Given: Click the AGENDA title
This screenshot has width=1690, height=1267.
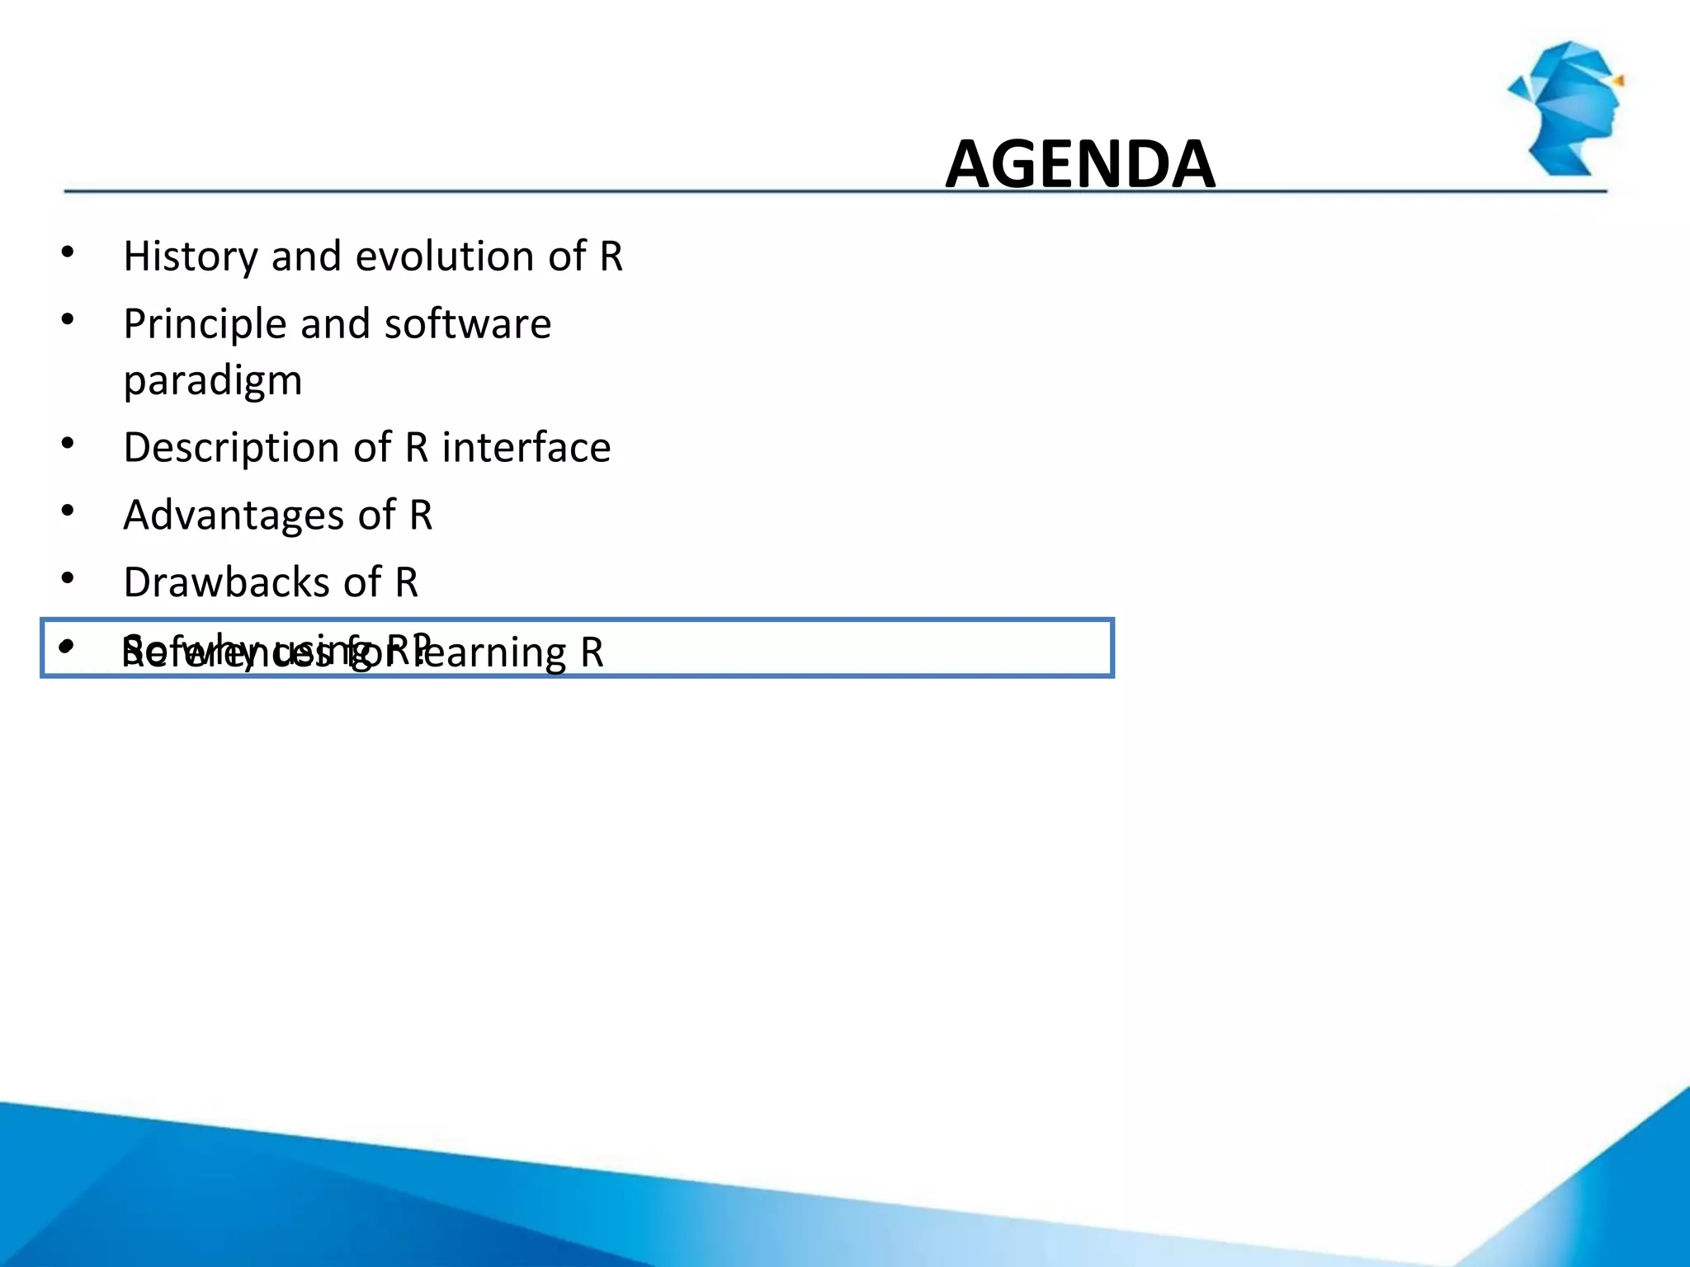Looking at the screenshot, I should [1079, 164].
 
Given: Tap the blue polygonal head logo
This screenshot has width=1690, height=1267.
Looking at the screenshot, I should [1568, 107].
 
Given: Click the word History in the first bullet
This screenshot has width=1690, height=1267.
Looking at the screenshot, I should [191, 257].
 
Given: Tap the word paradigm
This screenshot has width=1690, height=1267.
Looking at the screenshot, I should [213, 381].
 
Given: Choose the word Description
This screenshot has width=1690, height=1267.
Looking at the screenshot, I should [231, 448].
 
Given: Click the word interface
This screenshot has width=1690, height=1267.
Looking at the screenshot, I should [526, 448].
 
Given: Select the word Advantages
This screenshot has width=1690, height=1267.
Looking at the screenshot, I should [234, 516].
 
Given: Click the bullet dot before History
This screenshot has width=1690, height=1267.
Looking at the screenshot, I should [68, 252].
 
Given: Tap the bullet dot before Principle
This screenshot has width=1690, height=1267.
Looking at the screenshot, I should [68, 319].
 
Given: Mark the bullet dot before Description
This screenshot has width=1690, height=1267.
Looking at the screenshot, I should [68, 444].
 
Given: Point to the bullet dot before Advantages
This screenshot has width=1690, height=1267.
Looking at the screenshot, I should [68, 511].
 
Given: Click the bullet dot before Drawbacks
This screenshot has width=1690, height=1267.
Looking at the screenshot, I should [68, 578].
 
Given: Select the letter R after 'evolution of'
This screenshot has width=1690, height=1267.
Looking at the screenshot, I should [611, 257].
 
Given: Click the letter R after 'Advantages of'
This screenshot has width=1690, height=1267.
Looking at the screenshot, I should [421, 516].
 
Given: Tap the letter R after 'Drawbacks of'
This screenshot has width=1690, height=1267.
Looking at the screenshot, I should [407, 582].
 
